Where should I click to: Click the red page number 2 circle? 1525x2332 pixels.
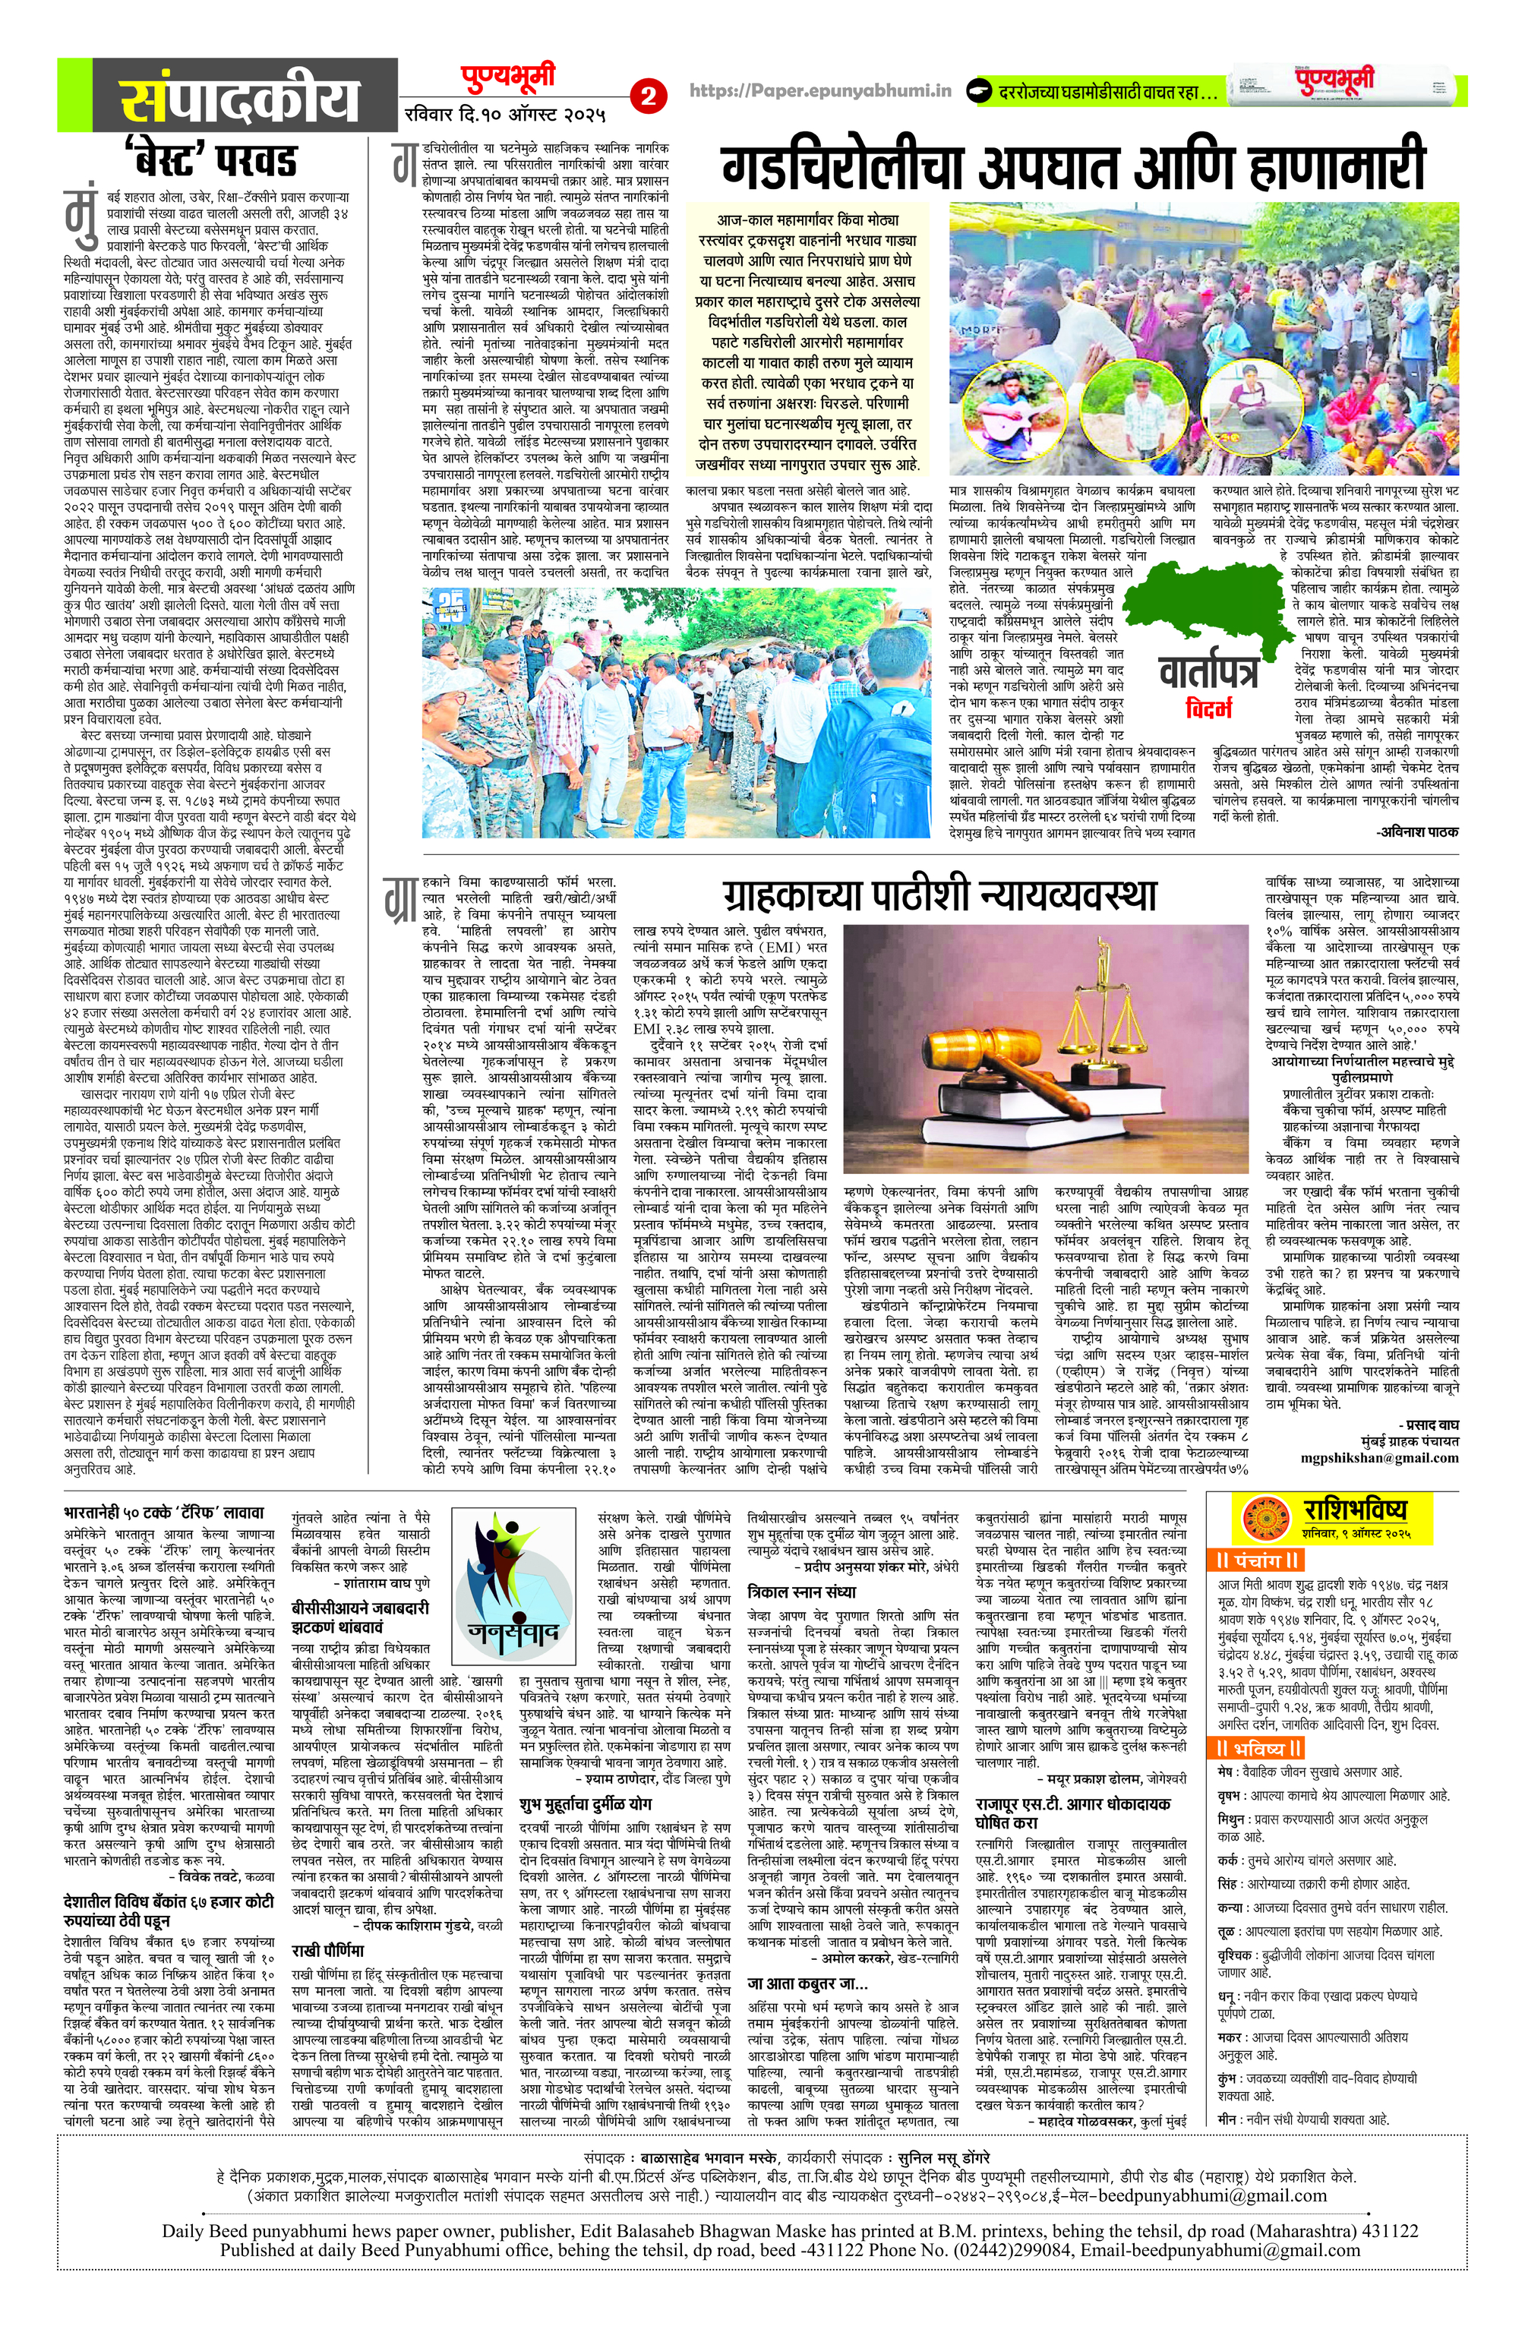(x=648, y=96)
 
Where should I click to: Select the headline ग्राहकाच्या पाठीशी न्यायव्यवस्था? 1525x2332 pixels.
(x=941, y=894)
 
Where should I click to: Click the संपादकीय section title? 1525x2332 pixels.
(x=241, y=100)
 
